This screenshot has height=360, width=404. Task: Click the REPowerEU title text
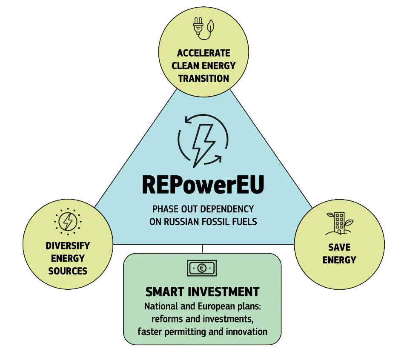203,185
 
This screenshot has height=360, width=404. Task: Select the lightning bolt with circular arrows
203,141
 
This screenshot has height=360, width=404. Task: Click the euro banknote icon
202,268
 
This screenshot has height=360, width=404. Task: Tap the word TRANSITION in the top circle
203,78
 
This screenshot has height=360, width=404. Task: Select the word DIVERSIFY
68,246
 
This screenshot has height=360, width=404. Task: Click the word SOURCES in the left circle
68,271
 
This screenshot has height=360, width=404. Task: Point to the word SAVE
339,247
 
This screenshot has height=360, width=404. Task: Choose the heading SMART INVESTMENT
202,291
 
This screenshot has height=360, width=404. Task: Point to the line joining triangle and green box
202,249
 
